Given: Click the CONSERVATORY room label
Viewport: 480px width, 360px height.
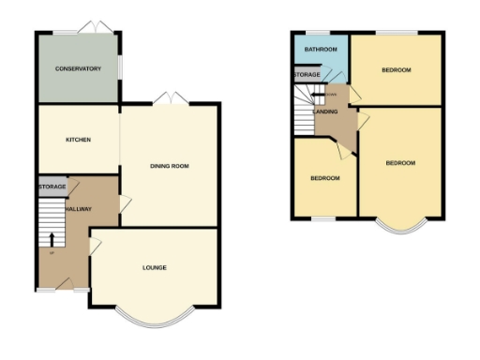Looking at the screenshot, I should point(78,68).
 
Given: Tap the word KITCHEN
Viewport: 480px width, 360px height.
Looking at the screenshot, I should point(78,140).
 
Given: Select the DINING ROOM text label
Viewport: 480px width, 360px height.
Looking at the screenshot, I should point(170,166).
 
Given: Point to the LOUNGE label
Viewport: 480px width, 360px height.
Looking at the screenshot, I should point(155,268).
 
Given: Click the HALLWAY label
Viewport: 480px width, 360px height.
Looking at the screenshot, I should point(79,208).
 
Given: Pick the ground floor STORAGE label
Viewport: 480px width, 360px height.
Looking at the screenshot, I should point(52,187).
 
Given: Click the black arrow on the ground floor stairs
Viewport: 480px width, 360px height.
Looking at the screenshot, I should point(52,238).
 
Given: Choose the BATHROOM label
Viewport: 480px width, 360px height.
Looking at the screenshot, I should point(320,49).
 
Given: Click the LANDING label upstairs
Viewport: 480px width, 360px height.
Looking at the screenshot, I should point(325,112).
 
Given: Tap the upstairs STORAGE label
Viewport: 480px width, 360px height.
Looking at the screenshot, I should point(307,74).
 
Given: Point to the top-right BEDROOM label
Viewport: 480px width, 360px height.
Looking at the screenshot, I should point(397,70).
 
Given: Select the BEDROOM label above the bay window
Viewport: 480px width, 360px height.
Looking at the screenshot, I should point(400,163).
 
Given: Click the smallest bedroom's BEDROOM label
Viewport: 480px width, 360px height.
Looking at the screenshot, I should point(324,178).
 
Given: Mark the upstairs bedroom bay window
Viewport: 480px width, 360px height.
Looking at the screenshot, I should point(401,226).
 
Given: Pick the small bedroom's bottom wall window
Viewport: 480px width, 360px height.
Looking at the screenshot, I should point(324,219).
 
